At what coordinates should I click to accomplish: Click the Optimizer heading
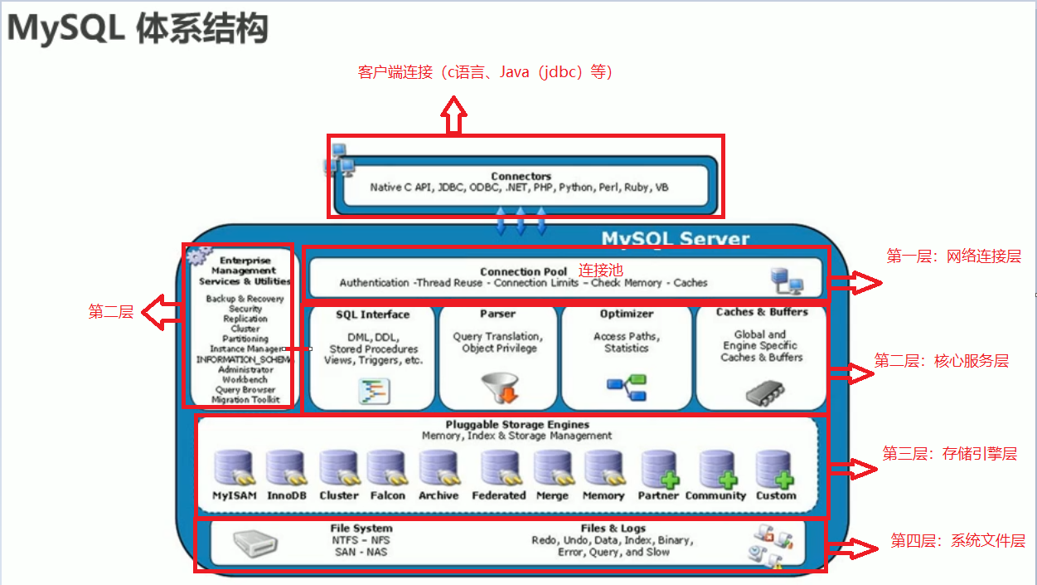pyautogui.click(x=627, y=314)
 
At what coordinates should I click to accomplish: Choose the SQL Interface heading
pyautogui.click(x=372, y=314)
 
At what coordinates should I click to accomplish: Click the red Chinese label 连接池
pyautogui.click(x=600, y=271)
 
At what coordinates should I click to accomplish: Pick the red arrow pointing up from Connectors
pyautogui.click(x=453, y=115)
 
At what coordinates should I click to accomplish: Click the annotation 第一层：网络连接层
pyautogui.click(x=953, y=256)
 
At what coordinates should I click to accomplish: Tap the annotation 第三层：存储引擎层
pyautogui.click(x=949, y=454)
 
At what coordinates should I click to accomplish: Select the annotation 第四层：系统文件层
pyautogui.click(x=957, y=541)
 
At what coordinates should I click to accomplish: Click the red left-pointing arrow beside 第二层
pyautogui.click(x=162, y=313)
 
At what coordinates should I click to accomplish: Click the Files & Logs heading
pyautogui.click(x=613, y=529)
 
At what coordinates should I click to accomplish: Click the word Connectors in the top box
pyautogui.click(x=521, y=176)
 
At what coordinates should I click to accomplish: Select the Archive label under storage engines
pyautogui.click(x=438, y=495)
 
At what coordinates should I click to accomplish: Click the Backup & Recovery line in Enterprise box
pyautogui.click(x=245, y=299)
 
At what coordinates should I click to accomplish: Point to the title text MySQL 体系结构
pyautogui.click(x=138, y=28)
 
